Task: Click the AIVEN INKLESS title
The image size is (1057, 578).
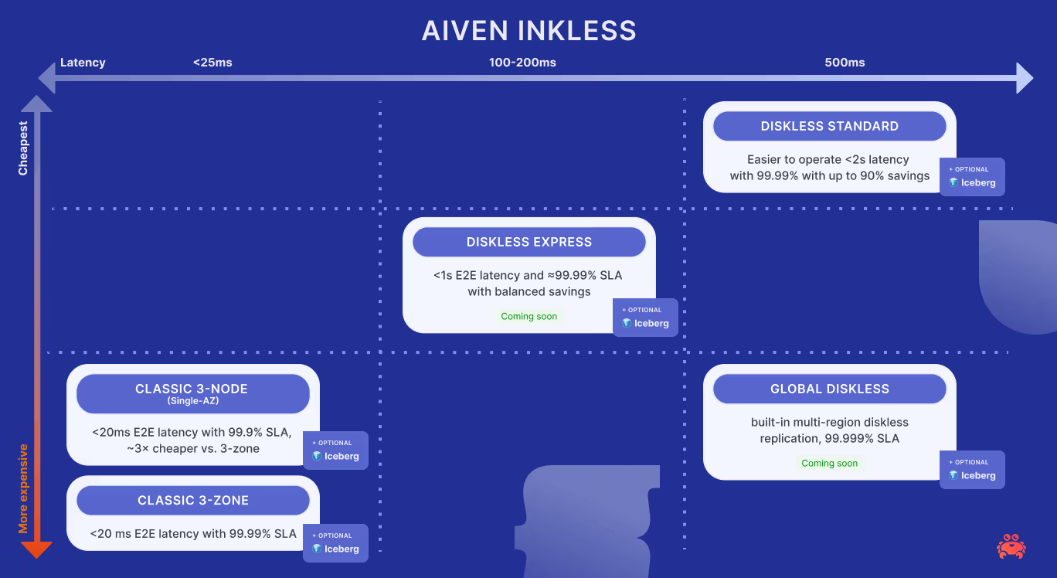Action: click(x=528, y=31)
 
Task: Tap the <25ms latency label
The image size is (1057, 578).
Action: click(x=212, y=63)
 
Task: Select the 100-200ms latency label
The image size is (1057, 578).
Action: click(x=522, y=63)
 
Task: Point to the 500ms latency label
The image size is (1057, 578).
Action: click(x=845, y=63)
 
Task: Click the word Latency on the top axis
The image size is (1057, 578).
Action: click(x=83, y=63)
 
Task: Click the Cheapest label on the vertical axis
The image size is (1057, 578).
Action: click(x=23, y=148)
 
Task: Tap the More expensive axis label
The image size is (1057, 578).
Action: click(x=23, y=488)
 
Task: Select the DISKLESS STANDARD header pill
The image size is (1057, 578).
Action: click(x=829, y=126)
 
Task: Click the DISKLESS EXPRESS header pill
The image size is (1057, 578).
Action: click(x=528, y=242)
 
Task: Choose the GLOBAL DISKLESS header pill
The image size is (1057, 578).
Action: click(x=829, y=389)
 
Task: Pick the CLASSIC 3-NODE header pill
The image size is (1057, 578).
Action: click(x=192, y=393)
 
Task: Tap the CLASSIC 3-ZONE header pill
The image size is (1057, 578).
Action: click(x=192, y=501)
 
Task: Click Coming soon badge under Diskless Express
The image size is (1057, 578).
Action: click(x=528, y=316)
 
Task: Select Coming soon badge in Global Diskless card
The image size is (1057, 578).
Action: click(x=829, y=463)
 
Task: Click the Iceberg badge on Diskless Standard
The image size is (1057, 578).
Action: click(x=972, y=177)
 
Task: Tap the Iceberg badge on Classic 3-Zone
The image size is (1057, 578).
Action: click(x=335, y=543)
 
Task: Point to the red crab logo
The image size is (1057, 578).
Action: click(x=1011, y=546)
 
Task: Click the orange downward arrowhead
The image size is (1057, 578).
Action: click(x=36, y=549)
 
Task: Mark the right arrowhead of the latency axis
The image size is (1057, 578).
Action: click(x=1025, y=77)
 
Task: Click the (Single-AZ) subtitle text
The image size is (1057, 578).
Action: click(x=192, y=401)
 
